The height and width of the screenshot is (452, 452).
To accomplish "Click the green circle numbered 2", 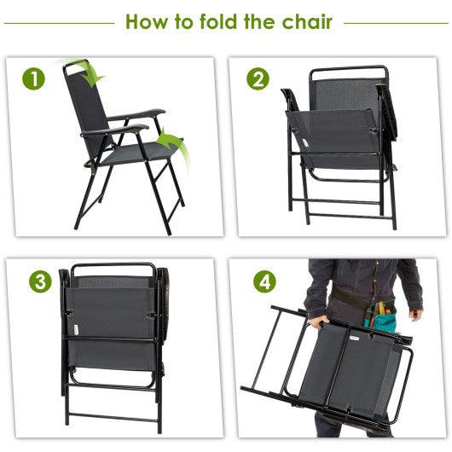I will tap(258, 79).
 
